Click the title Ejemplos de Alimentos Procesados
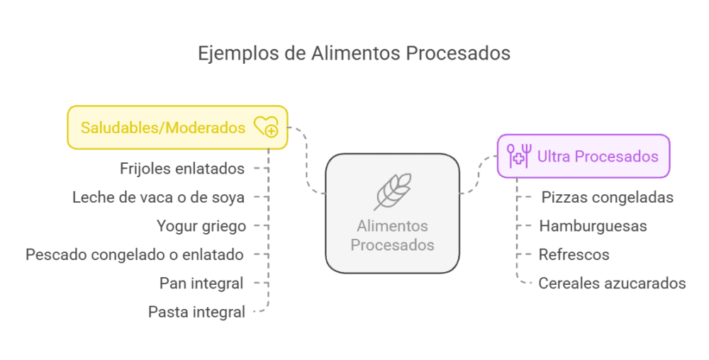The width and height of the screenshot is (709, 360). tap(354, 54)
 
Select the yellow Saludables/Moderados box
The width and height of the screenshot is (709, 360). tap(177, 128)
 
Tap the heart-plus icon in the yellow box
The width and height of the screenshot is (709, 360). tap(266, 127)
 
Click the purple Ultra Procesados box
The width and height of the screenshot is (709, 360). tap(583, 156)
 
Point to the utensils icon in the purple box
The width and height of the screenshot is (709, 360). tap(519, 156)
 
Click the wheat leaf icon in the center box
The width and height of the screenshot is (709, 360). tap(392, 191)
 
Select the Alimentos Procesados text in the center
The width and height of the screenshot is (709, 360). tap(392, 236)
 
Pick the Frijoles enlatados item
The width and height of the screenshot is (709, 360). tap(182, 169)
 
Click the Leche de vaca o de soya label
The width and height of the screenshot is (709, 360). tap(159, 197)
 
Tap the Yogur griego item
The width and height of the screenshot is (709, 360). tap(201, 226)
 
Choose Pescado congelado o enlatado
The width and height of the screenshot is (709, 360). tap(135, 254)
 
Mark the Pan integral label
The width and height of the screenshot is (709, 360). tap(201, 283)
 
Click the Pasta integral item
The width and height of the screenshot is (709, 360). tap(196, 311)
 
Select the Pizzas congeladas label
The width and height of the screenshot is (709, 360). tap(608, 197)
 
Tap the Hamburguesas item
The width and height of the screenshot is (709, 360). tap(593, 226)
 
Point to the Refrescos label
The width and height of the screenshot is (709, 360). tap(574, 254)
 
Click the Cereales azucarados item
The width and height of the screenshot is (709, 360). tap(612, 283)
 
